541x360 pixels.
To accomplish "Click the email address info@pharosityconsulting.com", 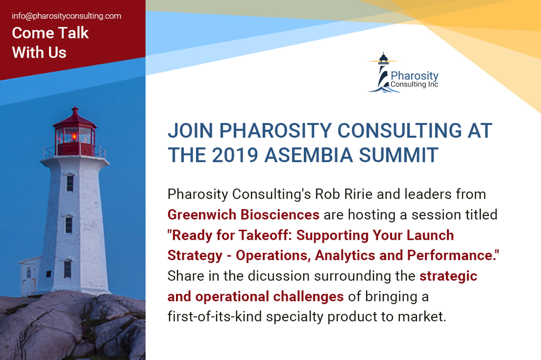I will [67, 16].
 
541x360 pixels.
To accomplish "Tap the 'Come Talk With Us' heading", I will [50, 42].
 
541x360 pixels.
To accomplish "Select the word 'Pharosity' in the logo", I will [415, 76].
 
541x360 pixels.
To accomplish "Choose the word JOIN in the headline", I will [191, 130].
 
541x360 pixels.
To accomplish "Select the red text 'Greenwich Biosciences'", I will [243, 214].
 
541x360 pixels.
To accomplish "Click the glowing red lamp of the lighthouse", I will [74, 136].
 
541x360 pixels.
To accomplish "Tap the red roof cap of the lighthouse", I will [74, 117].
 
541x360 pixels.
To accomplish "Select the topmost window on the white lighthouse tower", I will [70, 183].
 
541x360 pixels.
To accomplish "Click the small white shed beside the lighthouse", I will [31, 274].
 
